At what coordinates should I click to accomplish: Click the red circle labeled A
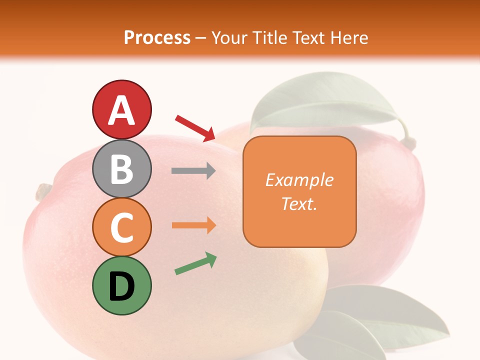coord(121,110)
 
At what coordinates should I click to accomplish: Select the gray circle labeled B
coord(121,168)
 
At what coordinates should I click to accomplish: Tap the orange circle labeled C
coord(121,227)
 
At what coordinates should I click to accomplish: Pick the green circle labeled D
coord(121,285)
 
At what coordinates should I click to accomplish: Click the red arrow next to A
coord(195,127)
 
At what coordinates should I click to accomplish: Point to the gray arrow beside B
coord(193,171)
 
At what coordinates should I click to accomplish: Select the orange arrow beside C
coord(194,225)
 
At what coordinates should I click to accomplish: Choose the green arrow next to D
coord(195,264)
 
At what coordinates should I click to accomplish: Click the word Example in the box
coord(299,180)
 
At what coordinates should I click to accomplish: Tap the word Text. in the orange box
coord(299,204)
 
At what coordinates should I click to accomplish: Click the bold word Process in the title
coord(157,37)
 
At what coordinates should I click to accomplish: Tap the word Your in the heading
coord(227,37)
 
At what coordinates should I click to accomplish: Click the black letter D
coord(121,286)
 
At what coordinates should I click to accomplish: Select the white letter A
coord(121,110)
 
